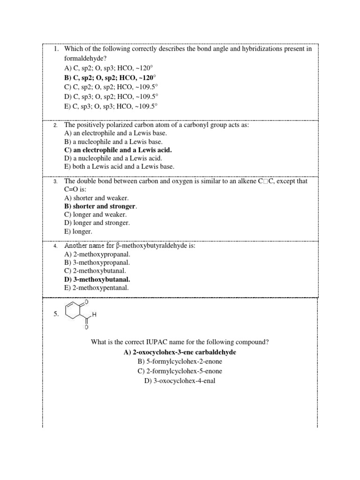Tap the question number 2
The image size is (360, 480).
point(55,126)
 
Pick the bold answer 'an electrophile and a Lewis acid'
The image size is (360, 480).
point(118,150)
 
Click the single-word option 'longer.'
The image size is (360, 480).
point(78,232)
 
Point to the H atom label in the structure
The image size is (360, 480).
point(94,315)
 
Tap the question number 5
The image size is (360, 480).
point(56,315)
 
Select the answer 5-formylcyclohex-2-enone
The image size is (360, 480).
point(180,361)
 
